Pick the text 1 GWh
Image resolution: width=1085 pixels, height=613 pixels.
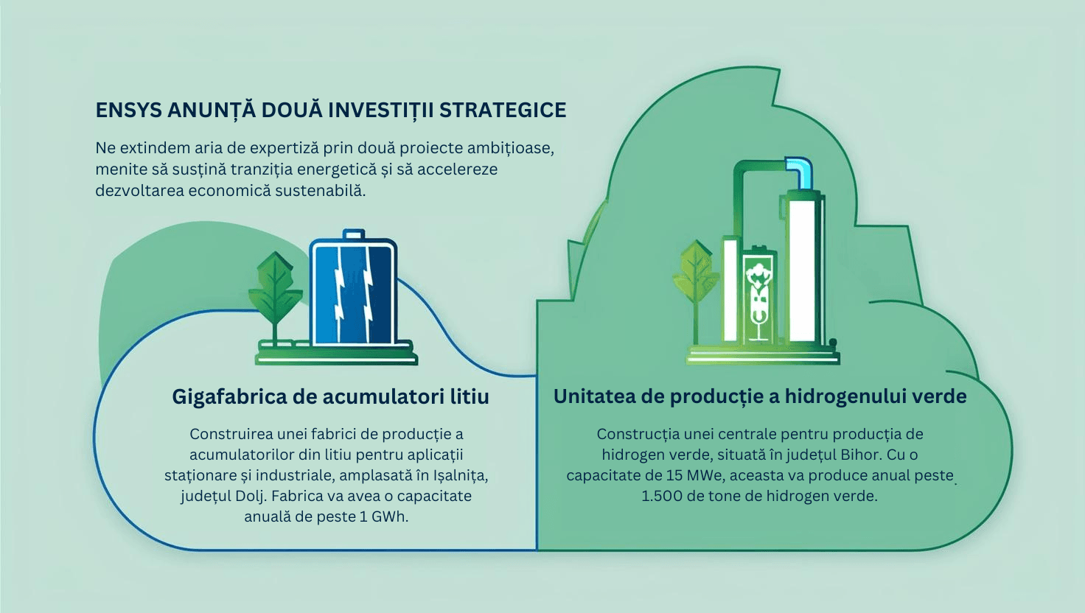[x=383, y=517]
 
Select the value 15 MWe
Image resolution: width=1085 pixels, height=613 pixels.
[x=695, y=475]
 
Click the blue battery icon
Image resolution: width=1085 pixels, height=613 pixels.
[x=353, y=290]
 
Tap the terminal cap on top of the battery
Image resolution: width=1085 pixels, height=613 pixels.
[x=353, y=234]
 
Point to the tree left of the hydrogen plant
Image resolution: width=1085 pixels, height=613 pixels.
[x=696, y=290]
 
